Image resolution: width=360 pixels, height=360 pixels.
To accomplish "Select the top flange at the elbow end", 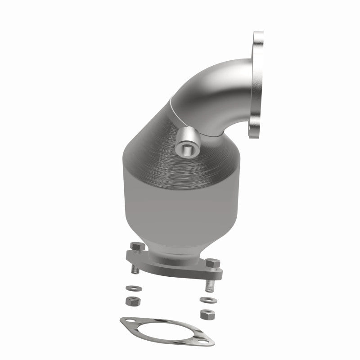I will tap(258, 85).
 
